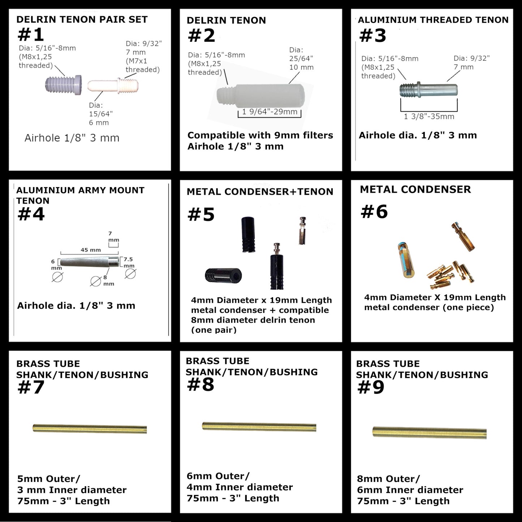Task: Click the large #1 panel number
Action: click(31, 35)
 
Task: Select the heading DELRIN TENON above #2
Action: click(226, 20)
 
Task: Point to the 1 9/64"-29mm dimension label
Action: click(269, 112)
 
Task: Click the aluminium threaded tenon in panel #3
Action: click(429, 89)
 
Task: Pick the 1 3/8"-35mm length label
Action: click(429, 116)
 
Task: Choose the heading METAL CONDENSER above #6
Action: click(415, 189)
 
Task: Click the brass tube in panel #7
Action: click(90, 429)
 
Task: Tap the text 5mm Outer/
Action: click(48, 479)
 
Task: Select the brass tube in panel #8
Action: click(259, 426)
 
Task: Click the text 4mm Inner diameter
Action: click(240, 487)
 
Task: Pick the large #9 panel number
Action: click(371, 387)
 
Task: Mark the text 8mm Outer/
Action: click(388, 479)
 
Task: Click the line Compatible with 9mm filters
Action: click(260, 135)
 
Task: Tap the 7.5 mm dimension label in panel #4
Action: click(129, 262)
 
